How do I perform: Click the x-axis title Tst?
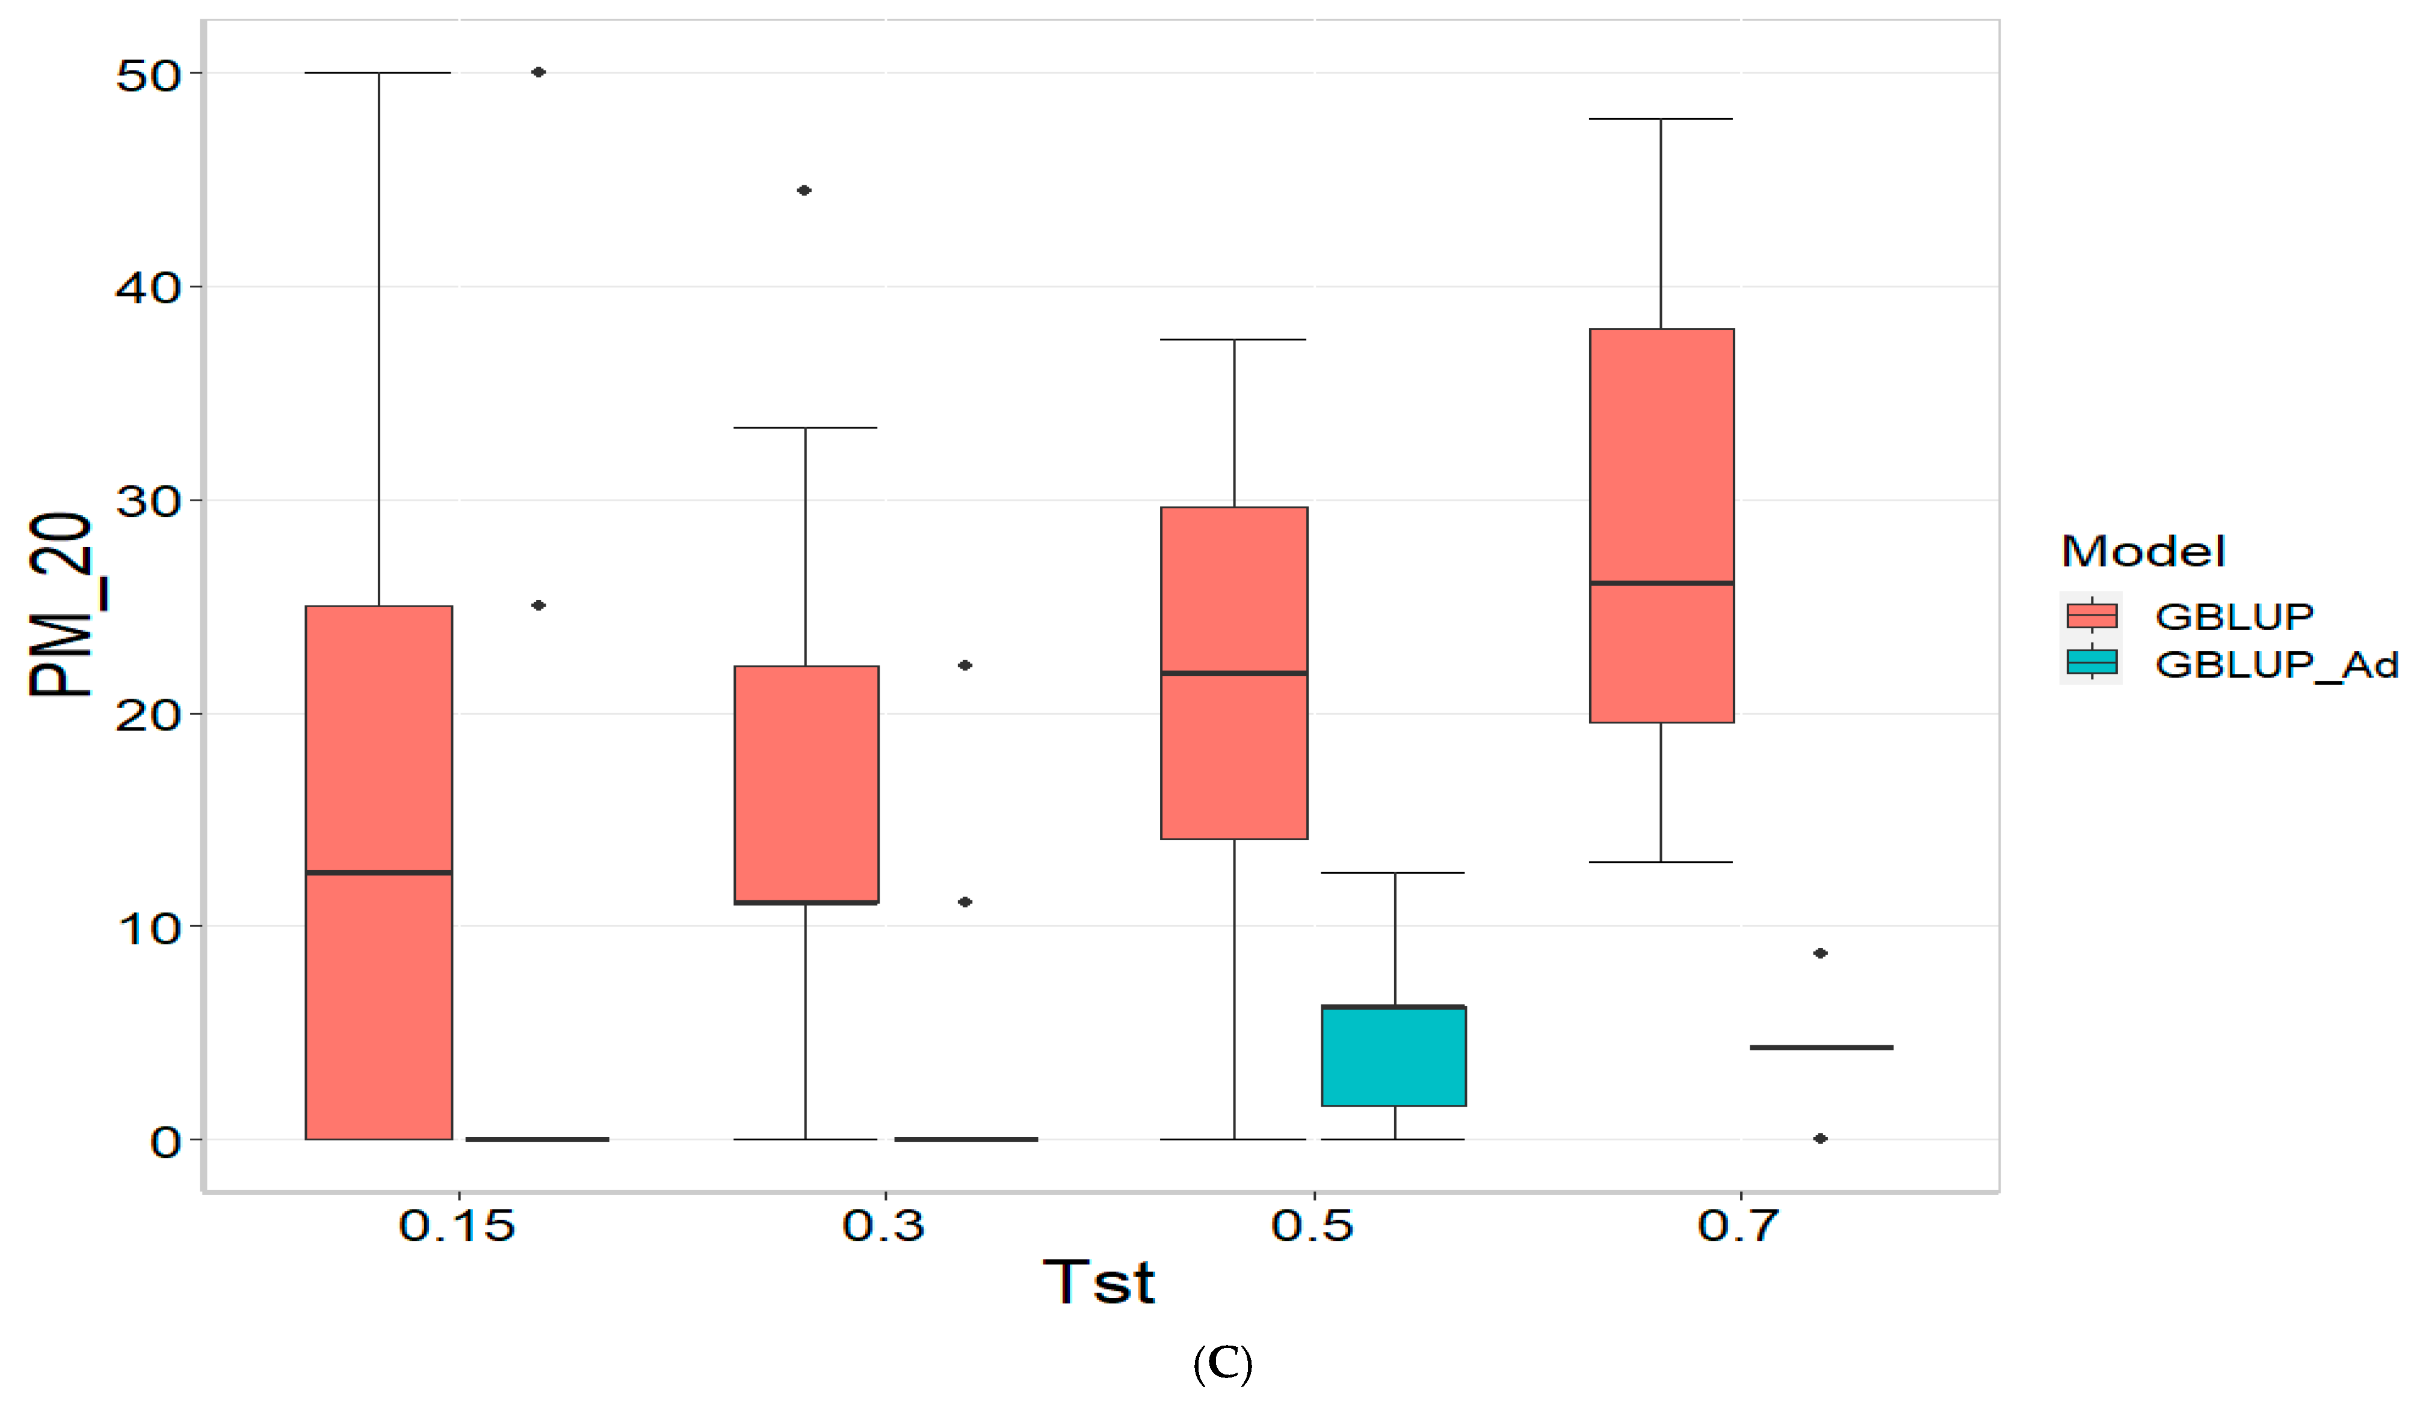point(1099,1282)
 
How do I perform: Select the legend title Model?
point(2143,551)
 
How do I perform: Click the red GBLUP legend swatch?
point(2091,614)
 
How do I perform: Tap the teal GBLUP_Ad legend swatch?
point(2091,663)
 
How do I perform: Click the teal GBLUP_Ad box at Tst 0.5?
point(1394,1056)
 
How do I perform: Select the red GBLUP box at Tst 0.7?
point(1661,525)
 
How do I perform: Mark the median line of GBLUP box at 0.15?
point(378,872)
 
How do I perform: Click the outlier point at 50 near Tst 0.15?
point(539,72)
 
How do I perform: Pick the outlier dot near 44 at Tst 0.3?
point(804,190)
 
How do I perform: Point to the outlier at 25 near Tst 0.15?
point(539,605)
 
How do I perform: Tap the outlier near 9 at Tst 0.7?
point(1820,953)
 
